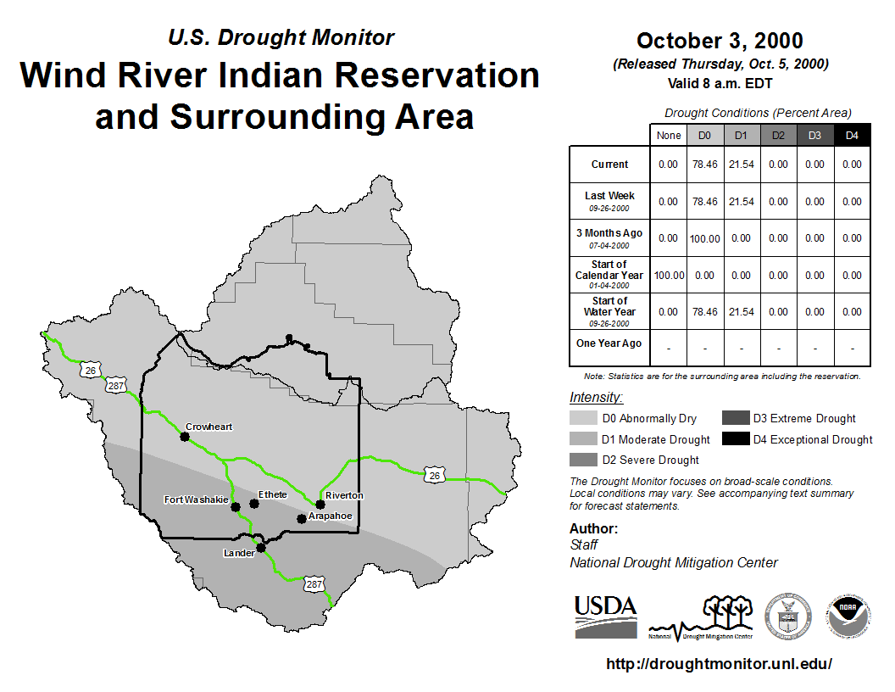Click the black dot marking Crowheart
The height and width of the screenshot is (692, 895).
[x=185, y=437]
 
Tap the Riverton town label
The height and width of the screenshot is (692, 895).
[x=344, y=495]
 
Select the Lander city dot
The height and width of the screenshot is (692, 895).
[x=261, y=548]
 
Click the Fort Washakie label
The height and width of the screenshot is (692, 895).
[x=196, y=499]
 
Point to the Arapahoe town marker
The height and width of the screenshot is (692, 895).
[x=302, y=519]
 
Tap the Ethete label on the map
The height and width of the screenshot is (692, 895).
[x=272, y=494]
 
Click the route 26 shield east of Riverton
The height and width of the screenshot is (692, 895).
[x=435, y=475]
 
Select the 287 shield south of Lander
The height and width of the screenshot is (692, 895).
[x=314, y=584]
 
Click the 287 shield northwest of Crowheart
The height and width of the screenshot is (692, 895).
[x=116, y=385]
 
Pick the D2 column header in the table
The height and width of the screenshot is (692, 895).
[x=778, y=136]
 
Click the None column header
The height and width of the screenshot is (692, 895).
[x=669, y=136]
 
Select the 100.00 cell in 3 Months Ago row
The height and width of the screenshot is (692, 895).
[x=705, y=238]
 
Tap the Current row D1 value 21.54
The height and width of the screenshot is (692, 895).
[x=742, y=165]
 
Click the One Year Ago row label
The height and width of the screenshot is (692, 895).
[x=609, y=343]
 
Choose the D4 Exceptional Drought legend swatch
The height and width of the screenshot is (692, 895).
[x=735, y=438]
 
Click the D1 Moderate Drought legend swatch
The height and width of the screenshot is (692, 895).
[x=583, y=438]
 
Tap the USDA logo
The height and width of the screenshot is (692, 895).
[x=606, y=617]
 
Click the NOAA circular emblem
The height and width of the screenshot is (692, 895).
[x=848, y=617]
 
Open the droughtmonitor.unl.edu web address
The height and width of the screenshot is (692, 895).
[x=720, y=663]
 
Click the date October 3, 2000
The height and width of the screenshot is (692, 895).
[x=720, y=41]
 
